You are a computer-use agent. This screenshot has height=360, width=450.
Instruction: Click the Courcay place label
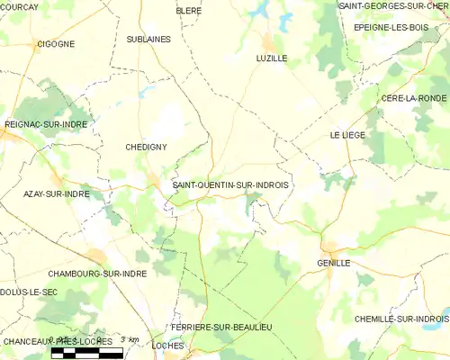pos(19,6)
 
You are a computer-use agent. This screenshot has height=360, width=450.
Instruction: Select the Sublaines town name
pos(148,40)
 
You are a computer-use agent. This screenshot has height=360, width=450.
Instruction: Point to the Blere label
pos(189,10)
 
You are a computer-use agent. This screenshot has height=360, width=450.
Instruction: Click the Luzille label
pos(271,57)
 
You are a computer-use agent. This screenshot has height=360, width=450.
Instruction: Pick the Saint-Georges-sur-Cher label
pos(392,6)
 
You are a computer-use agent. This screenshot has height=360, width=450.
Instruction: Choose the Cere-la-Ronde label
pos(414,97)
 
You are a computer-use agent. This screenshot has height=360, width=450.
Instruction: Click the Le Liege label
pos(345,135)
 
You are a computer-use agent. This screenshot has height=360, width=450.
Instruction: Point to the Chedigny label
pos(146,146)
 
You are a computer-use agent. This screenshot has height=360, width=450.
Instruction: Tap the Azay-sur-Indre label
pos(56,193)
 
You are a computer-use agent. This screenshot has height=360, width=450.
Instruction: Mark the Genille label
pos(333,263)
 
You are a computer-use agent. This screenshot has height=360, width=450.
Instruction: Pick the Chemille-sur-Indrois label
pos(400,319)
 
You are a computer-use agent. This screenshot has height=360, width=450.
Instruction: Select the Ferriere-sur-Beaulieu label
pos(221,326)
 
